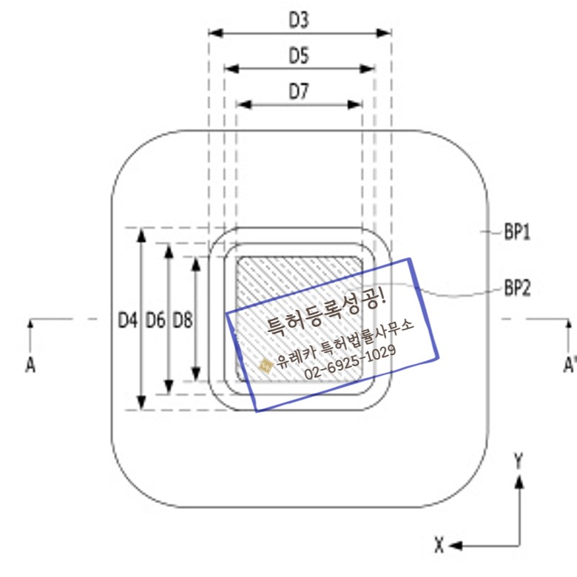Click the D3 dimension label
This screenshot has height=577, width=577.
299,20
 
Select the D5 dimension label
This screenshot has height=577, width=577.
299,55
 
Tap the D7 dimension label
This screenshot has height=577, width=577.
299,91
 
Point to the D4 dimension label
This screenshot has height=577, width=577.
127,320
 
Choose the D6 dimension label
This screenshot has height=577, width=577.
155,320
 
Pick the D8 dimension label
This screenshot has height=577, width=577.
182,320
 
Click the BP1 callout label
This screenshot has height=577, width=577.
519,233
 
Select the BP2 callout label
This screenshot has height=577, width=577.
519,286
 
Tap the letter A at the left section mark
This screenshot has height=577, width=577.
30,365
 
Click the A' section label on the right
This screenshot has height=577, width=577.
569,365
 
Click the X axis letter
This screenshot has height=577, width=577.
439,547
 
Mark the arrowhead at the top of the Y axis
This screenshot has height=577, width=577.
520,481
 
